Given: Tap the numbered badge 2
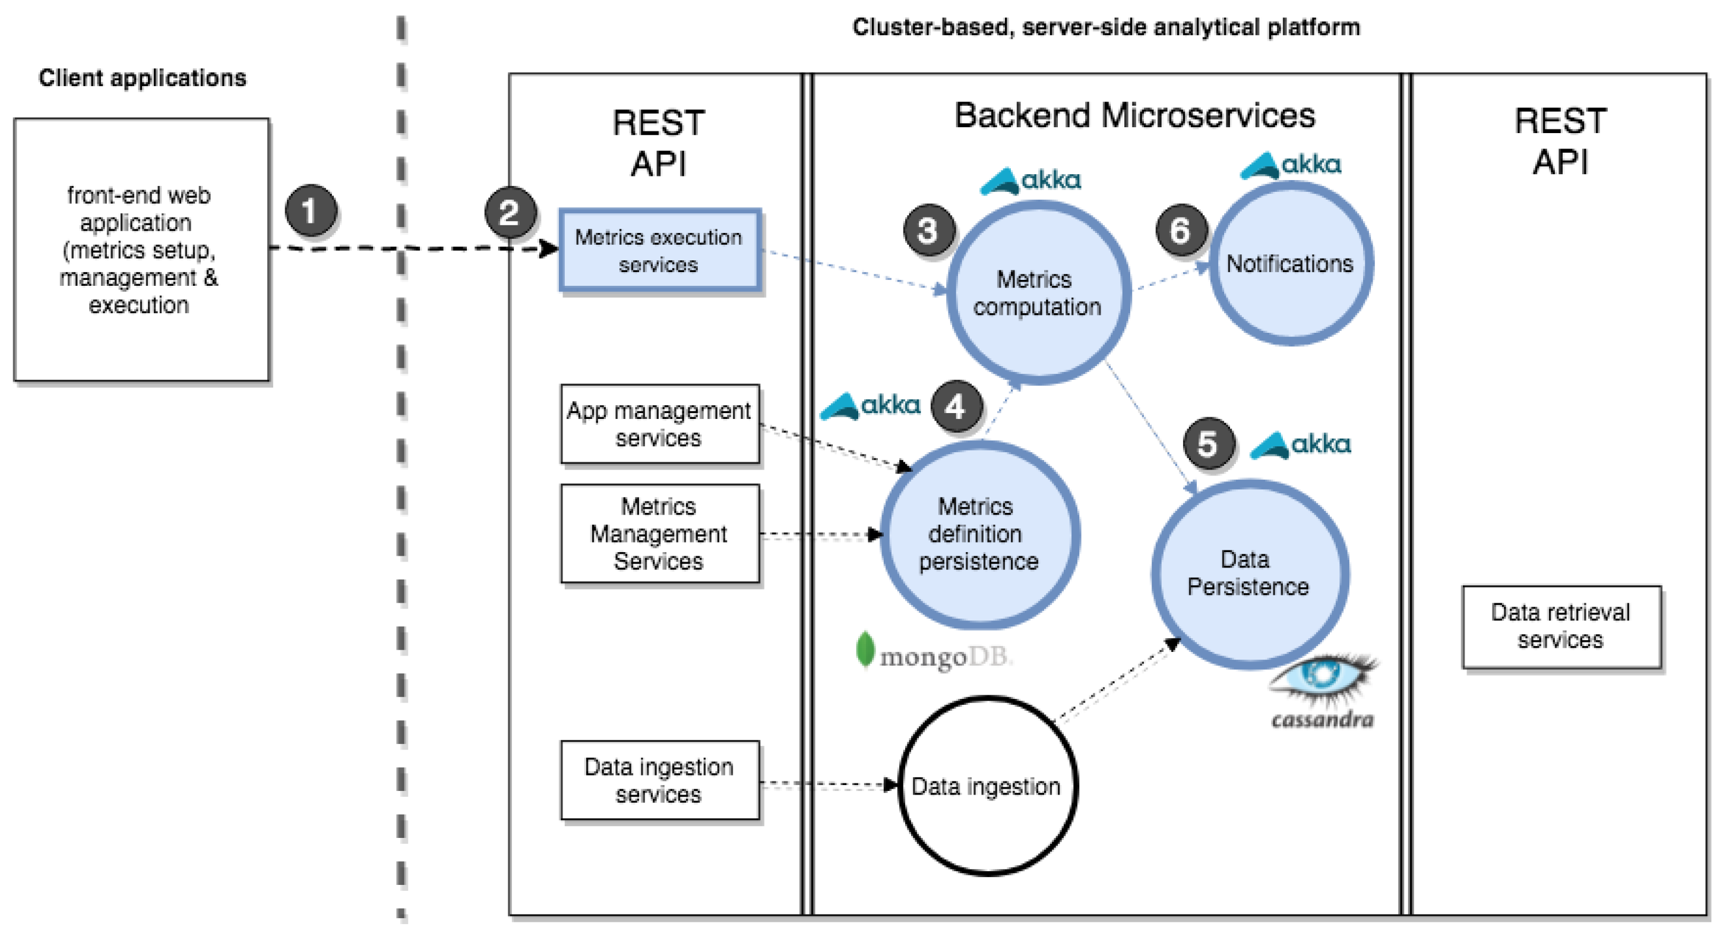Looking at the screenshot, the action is (510, 212).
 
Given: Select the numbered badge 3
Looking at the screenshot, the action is (928, 230).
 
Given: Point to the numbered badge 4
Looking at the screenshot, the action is (956, 406).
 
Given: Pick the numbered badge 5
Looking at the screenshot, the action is (1209, 443).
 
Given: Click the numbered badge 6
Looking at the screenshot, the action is (1181, 230).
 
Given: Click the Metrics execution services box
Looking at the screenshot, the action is (659, 251).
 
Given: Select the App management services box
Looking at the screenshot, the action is (659, 424).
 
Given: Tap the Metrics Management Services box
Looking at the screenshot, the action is (659, 534).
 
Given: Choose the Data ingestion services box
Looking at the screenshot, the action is (659, 780).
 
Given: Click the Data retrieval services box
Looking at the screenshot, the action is (1561, 627).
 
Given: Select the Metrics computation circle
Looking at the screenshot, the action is (1038, 293).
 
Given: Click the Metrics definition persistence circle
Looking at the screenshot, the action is (979, 535).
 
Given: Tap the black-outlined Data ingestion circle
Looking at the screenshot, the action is (987, 786).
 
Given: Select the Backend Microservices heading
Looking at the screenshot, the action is (1135, 115).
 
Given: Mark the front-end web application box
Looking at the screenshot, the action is (142, 250).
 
